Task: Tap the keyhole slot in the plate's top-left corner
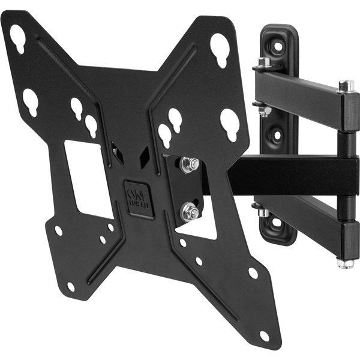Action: (17, 38)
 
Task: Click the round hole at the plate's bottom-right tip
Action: (264, 335)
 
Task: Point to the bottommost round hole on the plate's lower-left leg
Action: (71, 286)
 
